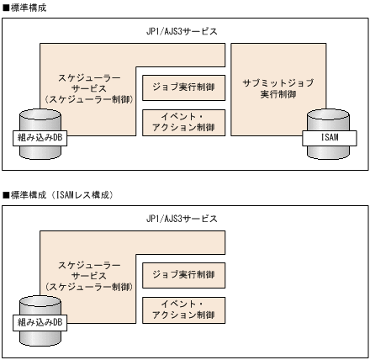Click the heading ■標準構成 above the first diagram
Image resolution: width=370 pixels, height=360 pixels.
coord(25,7)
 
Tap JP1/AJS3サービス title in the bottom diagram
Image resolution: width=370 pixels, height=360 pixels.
coord(182,219)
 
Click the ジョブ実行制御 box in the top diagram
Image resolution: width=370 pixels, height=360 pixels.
coord(184,87)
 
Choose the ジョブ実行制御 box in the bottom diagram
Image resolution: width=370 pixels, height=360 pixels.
coord(184,275)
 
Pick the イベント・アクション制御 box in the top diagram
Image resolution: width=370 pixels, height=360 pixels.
coord(184,121)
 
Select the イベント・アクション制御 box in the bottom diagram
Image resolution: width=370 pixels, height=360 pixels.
coord(184,310)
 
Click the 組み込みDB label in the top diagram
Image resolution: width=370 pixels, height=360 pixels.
coord(40,135)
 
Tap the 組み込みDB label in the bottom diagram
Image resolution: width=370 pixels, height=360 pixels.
coord(40,322)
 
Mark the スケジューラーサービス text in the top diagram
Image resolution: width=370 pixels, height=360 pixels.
coord(88,82)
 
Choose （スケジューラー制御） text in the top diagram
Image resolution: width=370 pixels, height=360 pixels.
coord(88,99)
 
